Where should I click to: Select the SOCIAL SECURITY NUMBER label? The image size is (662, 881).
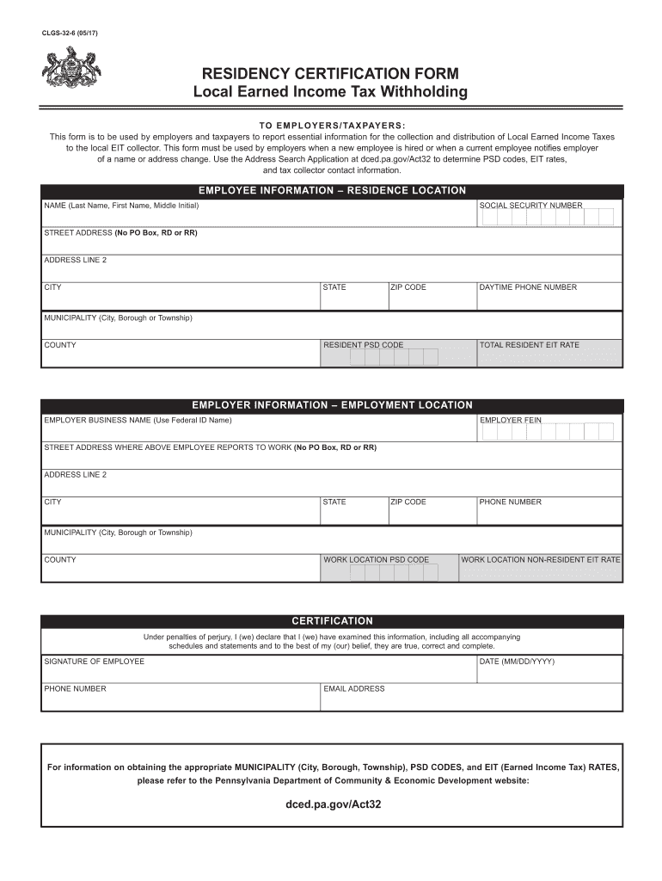pos(530,206)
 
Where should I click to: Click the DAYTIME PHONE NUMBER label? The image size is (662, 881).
pos(528,287)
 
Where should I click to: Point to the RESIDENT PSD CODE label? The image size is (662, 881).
pos(363,345)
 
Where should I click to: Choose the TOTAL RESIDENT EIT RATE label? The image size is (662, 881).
pos(529,345)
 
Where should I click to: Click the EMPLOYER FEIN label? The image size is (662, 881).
pos(511,420)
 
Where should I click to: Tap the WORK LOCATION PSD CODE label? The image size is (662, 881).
pos(376,559)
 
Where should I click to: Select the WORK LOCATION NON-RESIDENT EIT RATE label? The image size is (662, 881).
pos(540,559)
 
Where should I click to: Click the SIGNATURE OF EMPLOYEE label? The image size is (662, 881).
pos(95,661)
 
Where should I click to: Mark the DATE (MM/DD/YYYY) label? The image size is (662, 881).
pos(517,661)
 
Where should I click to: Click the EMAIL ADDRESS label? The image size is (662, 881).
pos(354,688)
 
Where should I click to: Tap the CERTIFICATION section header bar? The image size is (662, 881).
pos(332,620)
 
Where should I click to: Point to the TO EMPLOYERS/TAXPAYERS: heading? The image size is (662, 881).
pos(332,125)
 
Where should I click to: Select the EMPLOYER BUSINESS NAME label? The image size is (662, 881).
pos(138,420)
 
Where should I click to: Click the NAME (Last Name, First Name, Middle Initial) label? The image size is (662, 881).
pos(121,206)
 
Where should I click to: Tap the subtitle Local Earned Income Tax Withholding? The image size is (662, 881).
pos(330,92)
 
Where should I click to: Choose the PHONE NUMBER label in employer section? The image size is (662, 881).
pos(511,502)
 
